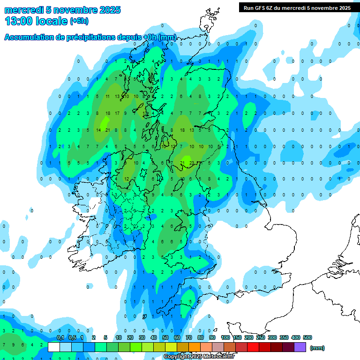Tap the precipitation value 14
[99, 130]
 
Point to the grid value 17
[117, 113]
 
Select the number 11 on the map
[108, 97]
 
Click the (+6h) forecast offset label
[79, 21]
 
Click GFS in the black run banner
[259, 8]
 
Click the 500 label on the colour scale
[307, 337]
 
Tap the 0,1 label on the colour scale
[60, 337]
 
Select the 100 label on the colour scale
[225, 337]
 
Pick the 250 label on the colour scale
[261, 337]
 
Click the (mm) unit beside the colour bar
[317, 348]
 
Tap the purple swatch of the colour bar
[300, 347]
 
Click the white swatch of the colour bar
[54, 347]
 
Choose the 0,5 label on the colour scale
[72, 337]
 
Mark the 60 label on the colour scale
[177, 337]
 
